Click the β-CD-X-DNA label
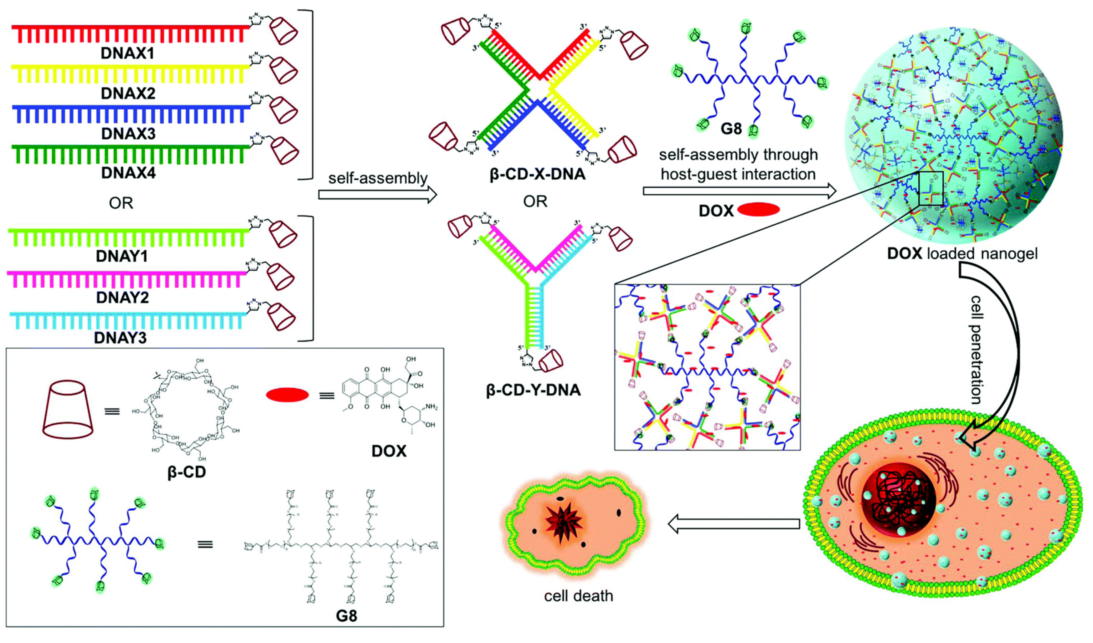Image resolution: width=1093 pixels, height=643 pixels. [537, 174]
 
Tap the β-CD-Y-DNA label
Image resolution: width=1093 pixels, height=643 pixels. [534, 390]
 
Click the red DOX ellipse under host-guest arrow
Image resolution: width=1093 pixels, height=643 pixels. [759, 210]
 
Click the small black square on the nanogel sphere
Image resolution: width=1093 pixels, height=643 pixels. [931, 188]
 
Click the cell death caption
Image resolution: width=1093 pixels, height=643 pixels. [579, 596]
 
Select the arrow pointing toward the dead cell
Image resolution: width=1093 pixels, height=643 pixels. [733, 524]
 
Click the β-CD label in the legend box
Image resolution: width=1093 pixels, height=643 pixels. [187, 472]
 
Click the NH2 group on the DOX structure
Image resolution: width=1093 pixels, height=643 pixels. [431, 407]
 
